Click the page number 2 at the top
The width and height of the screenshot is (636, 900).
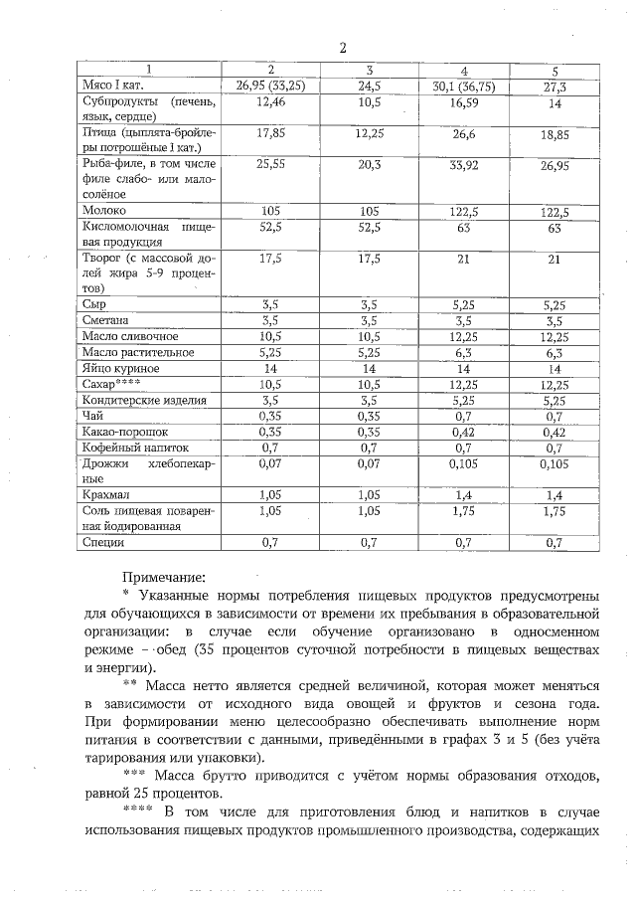(x=342, y=48)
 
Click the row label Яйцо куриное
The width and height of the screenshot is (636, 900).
(x=120, y=368)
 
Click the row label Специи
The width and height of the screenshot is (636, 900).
(x=104, y=542)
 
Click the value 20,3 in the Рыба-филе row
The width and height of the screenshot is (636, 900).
(x=369, y=166)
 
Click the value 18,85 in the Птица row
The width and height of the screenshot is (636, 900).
(x=556, y=134)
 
